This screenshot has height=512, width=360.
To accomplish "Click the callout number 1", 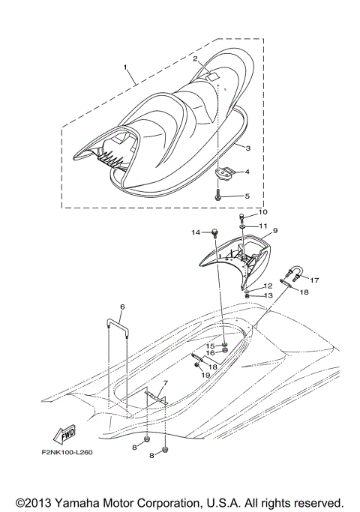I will point(126,67).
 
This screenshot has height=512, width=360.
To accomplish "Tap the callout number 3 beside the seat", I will point(247,148).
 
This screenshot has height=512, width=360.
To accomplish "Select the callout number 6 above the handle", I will point(121,307).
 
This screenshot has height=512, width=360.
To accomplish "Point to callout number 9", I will point(275,231).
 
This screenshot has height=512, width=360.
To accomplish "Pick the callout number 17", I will point(315,280).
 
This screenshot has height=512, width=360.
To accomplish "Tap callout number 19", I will point(205,374).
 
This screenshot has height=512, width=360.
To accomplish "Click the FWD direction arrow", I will point(64,435).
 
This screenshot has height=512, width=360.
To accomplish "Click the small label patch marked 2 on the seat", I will point(212,76).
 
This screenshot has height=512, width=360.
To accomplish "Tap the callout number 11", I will point(262,226).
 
